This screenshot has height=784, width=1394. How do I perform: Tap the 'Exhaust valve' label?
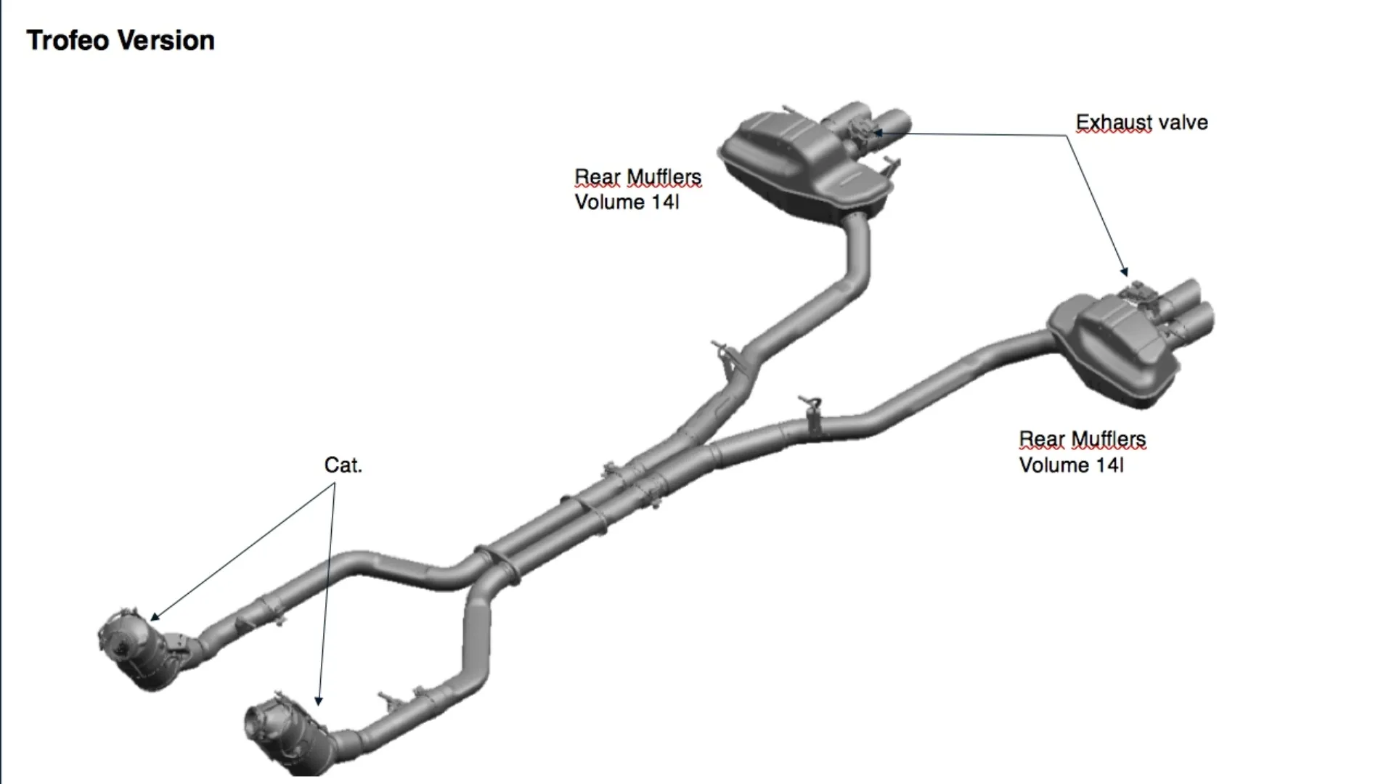coord(1141,123)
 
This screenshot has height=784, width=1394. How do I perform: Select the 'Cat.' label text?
coord(343,465)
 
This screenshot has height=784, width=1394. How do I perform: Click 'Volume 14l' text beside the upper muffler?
coord(627,202)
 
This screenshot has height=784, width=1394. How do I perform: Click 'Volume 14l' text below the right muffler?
coord(1071,465)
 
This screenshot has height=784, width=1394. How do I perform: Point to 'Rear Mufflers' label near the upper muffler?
coord(637,177)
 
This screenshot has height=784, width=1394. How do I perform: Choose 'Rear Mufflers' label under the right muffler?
coord(1082,439)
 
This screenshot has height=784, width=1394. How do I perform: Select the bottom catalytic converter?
coord(283,733)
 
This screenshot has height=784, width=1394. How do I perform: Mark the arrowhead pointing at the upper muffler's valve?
coord(878,133)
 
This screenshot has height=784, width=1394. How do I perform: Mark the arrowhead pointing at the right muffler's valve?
coord(1125,273)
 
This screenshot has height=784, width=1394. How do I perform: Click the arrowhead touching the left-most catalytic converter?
coord(155,618)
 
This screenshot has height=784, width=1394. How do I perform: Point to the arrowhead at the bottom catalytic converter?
coord(318,702)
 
